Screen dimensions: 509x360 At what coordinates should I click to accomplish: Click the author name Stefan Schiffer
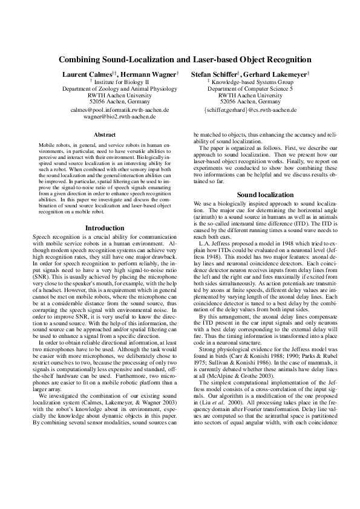tap(213, 73)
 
